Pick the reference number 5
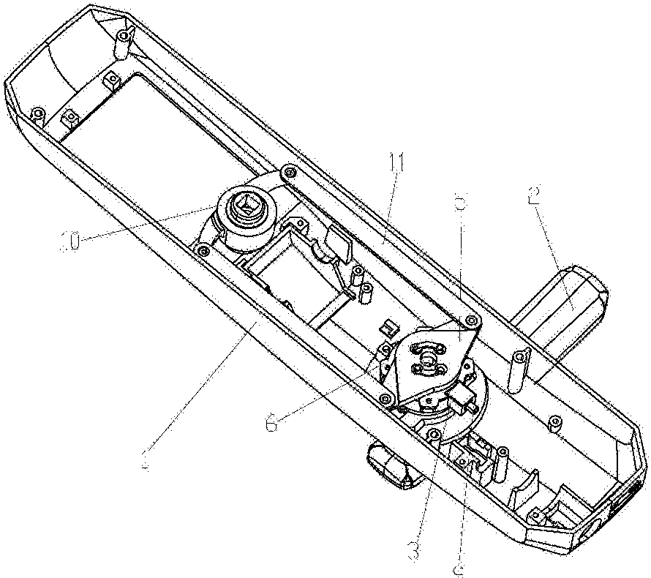[459, 202]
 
